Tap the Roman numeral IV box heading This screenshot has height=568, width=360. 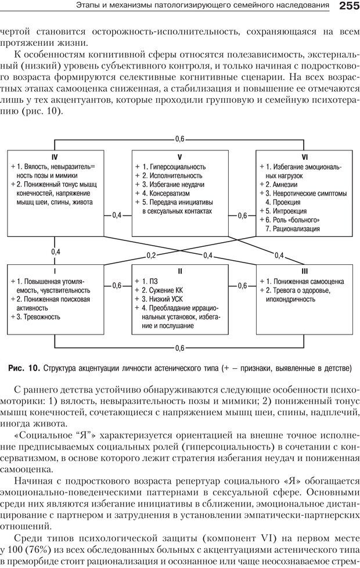point(54,157)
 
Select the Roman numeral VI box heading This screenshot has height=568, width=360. point(304,157)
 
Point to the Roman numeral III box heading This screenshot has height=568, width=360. point(304,271)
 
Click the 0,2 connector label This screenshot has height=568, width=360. point(151,256)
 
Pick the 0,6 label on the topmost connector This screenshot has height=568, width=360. point(179,139)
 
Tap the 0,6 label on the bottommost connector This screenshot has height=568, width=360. point(179,348)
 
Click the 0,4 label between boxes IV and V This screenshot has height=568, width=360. point(117,215)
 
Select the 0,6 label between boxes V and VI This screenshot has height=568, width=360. point(243,215)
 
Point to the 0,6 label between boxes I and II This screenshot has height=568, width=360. point(117,285)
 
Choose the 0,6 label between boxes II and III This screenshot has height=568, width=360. point(243,285)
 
